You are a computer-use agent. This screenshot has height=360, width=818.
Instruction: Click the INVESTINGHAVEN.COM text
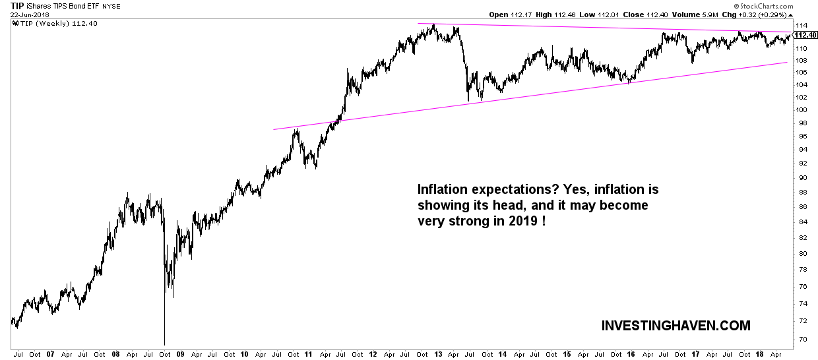click(x=676, y=326)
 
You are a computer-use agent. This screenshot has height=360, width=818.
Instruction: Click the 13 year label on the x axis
click(x=437, y=354)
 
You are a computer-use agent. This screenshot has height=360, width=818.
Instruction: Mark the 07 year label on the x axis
click(x=50, y=354)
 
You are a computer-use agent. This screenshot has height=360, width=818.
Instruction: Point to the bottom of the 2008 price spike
click(x=164, y=344)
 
